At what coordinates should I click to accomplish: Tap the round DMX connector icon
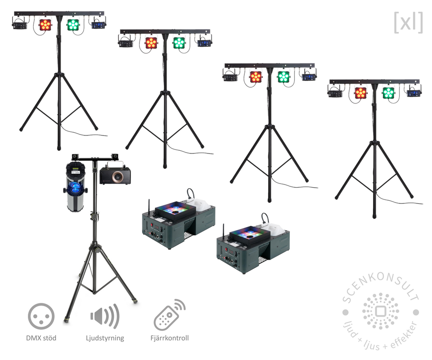[41, 315]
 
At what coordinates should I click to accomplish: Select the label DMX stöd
[41, 338]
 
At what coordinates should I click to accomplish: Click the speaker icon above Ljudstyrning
[104, 316]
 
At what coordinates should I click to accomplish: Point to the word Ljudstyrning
[104, 338]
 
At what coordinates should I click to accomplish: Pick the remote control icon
[169, 315]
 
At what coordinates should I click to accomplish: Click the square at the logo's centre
[381, 311]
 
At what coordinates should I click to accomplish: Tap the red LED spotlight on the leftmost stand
[45, 24]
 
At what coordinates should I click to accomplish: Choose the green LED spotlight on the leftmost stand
[72, 25]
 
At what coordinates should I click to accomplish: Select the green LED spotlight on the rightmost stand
[388, 93]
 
